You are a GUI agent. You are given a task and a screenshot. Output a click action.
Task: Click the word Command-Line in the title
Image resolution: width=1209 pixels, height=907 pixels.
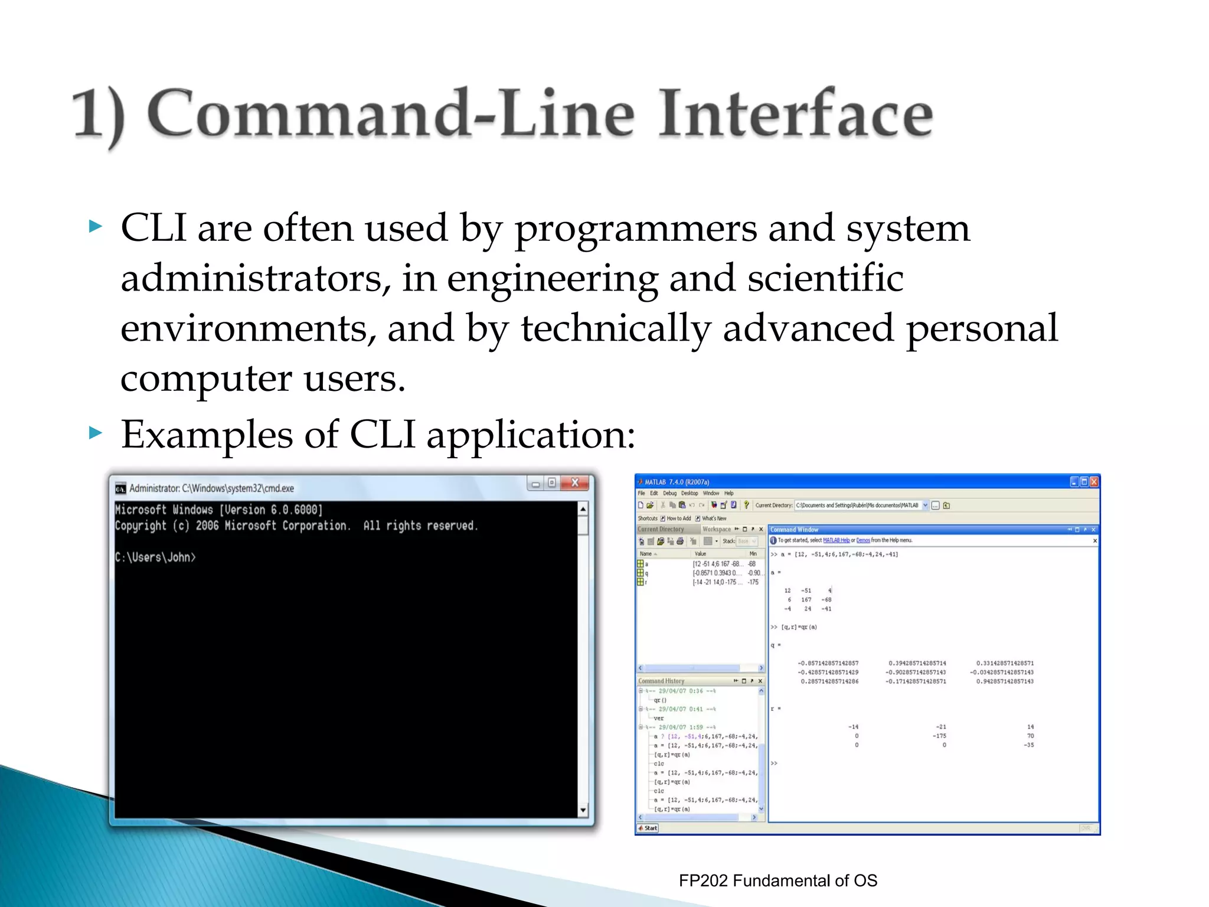click(x=390, y=113)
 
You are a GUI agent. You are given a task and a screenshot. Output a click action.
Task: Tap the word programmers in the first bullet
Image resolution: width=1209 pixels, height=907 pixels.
click(x=635, y=229)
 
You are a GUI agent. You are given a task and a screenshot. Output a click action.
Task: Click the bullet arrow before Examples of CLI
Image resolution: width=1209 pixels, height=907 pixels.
click(x=95, y=433)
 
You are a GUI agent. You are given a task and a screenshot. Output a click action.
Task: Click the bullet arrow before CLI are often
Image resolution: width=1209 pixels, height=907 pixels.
click(x=95, y=226)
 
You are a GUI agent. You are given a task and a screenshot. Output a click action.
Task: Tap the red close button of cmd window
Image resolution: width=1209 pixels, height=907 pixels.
click(x=574, y=483)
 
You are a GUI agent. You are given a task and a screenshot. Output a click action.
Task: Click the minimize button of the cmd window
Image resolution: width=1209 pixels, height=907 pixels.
click(x=535, y=484)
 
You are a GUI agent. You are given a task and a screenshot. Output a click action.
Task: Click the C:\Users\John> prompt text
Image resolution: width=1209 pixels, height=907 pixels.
click(x=155, y=557)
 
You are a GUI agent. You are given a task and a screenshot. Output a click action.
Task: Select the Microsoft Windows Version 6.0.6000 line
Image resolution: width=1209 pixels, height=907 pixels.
click(x=219, y=510)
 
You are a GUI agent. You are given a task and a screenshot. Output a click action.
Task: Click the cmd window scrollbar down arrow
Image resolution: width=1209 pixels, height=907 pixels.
click(x=583, y=810)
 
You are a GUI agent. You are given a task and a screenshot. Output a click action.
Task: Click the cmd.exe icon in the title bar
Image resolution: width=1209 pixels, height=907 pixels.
click(x=120, y=488)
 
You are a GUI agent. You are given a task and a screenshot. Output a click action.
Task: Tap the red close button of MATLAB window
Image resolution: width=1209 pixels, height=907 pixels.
click(x=1094, y=482)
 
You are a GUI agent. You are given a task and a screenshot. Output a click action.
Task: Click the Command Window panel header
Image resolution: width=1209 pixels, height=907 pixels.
click(x=794, y=530)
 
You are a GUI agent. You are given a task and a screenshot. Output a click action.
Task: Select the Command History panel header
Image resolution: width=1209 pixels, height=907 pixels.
click(x=661, y=681)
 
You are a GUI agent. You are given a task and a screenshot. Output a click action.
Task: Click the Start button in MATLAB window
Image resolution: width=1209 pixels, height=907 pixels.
click(x=648, y=828)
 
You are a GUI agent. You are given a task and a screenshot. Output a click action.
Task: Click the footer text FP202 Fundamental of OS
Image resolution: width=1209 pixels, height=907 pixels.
click(x=777, y=880)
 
